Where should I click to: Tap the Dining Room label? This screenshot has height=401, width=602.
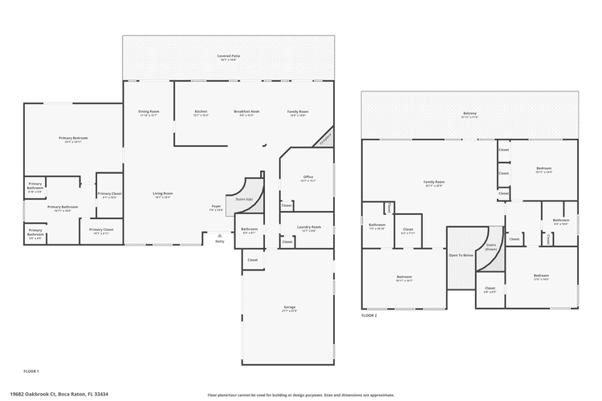pos(148,113)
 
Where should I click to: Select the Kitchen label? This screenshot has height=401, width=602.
pos(201,113)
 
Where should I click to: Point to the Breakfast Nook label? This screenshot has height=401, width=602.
pos(246,113)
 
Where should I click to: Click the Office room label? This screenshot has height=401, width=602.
pos(307,179)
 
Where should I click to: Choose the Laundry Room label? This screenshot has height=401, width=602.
pos(310,229)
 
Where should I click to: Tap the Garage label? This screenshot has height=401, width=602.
pos(290,308)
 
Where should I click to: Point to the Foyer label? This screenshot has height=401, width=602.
pos(216,208)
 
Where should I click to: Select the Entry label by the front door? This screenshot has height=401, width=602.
pos(219,241)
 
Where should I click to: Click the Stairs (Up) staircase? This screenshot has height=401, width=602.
pos(243,199)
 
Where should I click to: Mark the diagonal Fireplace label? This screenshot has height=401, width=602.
pos(324,137)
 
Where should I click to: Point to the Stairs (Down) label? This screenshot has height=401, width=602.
pos(490,247)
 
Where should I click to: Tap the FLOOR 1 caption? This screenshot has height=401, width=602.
pos(31,371)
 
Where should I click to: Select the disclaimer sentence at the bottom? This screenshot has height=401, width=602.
pos(300,395)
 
